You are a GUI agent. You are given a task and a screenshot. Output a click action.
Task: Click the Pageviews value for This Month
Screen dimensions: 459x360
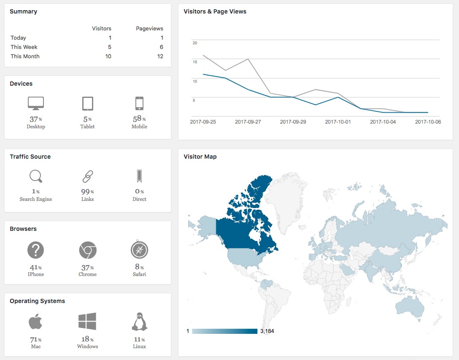(x=160, y=56)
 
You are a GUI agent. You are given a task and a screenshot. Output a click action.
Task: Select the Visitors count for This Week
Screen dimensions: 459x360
(x=110, y=47)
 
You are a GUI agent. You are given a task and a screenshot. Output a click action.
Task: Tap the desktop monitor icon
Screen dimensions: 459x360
(x=36, y=103)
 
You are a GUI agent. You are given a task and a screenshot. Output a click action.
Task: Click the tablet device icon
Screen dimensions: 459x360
(x=87, y=103)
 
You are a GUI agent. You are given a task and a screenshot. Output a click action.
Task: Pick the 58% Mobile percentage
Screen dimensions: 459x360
(x=139, y=119)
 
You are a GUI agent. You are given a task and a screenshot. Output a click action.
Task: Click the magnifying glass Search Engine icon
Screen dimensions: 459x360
(x=36, y=176)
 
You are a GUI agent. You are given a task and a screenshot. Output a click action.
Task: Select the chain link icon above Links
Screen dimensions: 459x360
(x=87, y=176)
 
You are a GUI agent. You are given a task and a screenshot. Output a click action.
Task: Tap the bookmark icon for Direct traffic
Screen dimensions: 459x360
(x=139, y=176)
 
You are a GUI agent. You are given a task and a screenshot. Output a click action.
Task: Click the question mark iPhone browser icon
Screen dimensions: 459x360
(x=36, y=250)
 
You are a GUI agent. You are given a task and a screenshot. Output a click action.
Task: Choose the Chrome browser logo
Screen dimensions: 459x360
(x=87, y=250)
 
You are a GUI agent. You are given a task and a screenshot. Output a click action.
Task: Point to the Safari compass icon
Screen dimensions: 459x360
(x=139, y=249)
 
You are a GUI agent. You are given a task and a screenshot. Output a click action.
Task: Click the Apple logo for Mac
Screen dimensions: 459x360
(x=35, y=321)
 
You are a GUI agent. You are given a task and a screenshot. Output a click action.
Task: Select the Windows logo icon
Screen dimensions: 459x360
(x=87, y=321)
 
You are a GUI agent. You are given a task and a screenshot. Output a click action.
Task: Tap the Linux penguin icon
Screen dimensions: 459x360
(x=139, y=322)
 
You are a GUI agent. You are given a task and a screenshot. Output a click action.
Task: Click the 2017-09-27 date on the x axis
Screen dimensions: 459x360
(x=248, y=122)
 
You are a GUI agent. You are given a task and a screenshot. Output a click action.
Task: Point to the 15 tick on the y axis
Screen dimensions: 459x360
(x=195, y=62)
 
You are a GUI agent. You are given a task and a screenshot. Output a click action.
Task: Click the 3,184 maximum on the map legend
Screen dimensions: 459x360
(x=267, y=331)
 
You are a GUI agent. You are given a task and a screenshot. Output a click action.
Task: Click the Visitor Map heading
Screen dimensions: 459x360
(x=200, y=157)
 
